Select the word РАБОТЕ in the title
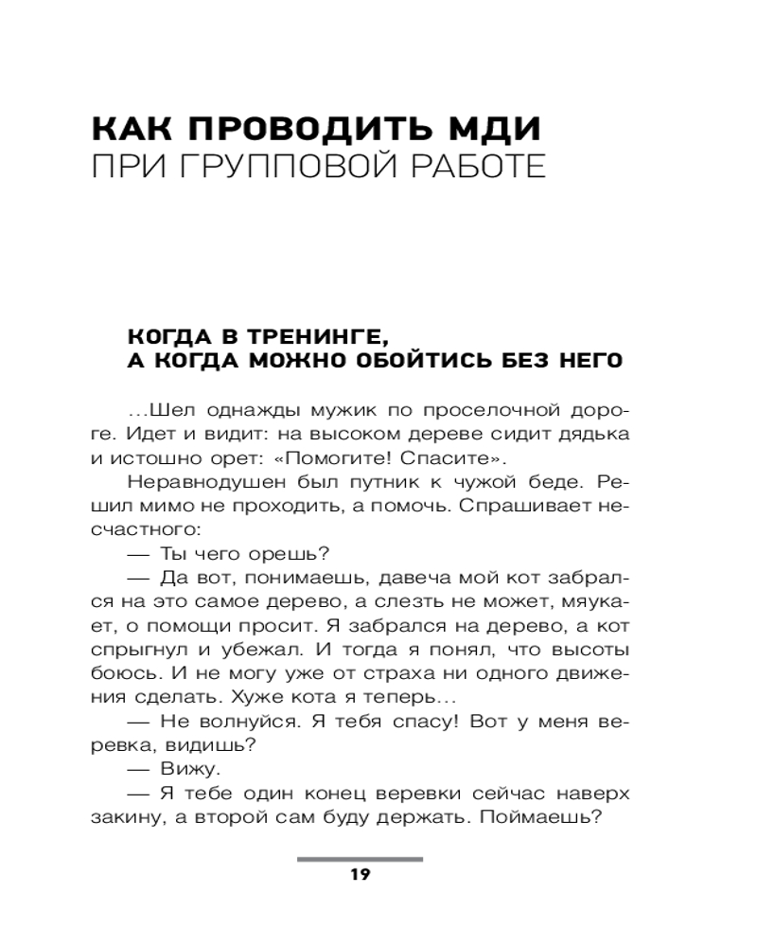(x=475, y=170)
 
